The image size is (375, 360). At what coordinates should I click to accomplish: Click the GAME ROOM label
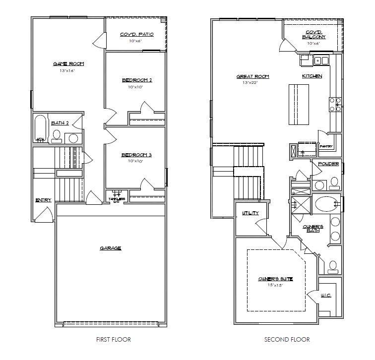pyautogui.click(x=68, y=64)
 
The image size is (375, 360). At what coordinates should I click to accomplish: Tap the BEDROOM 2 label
pyautogui.click(x=136, y=80)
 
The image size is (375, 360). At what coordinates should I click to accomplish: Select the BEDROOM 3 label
pyautogui.click(x=136, y=155)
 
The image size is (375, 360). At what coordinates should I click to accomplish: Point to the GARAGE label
pyautogui.click(x=110, y=248)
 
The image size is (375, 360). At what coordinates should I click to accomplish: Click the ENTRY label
pyautogui.click(x=43, y=200)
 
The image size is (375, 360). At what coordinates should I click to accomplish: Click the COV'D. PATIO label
pyautogui.click(x=137, y=35)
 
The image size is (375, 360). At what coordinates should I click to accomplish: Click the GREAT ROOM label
pyautogui.click(x=252, y=76)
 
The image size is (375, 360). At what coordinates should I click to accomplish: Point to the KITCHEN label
pyautogui.click(x=312, y=76)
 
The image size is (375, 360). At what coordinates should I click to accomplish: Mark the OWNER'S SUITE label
pyautogui.click(x=275, y=279)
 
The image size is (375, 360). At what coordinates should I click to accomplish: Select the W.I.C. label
pyautogui.click(x=326, y=296)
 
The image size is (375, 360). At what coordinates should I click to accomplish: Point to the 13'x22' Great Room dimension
pyautogui.click(x=250, y=83)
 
